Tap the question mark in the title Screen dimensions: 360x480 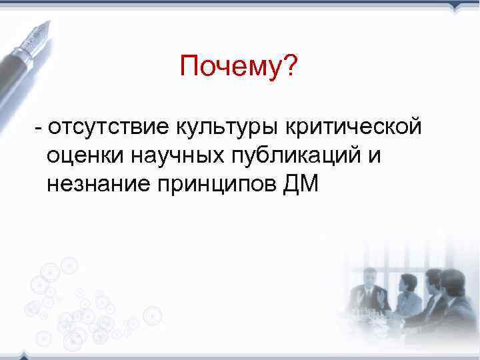(291, 66)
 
